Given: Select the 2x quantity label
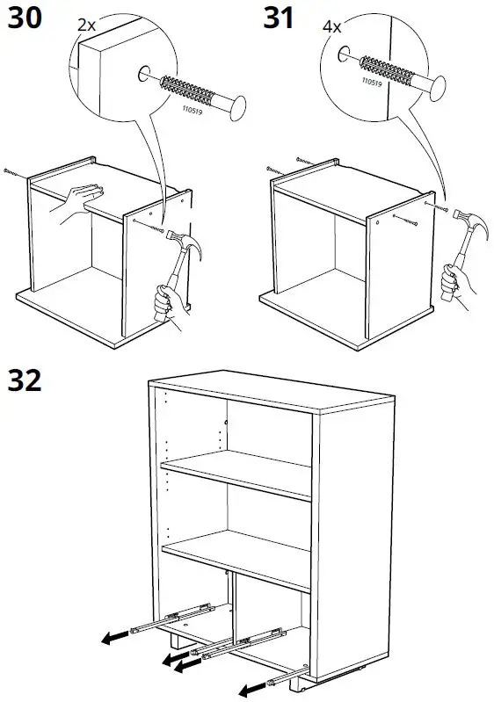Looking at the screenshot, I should (x=86, y=25).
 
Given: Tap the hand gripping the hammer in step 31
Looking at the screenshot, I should (x=451, y=283).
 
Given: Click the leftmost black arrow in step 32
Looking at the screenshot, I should (x=111, y=639).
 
